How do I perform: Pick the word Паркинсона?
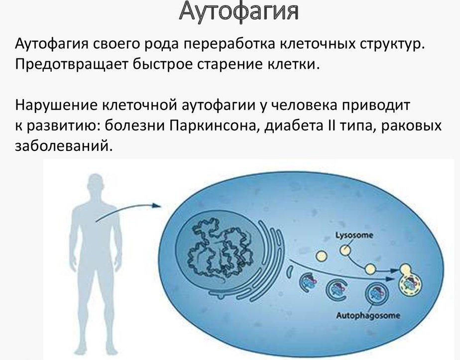212,127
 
